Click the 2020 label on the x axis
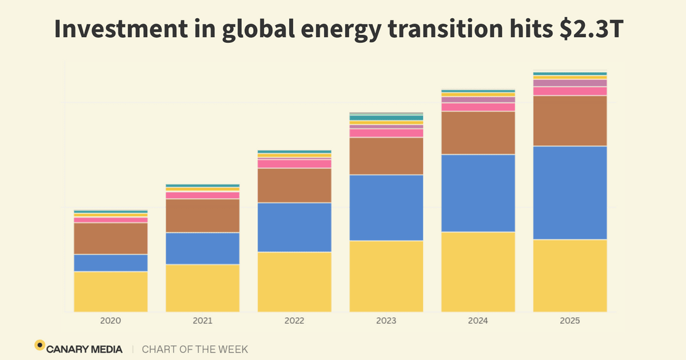click(110, 321)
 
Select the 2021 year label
click(202, 321)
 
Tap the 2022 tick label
click(294, 321)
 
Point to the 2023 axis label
click(386, 321)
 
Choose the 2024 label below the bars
click(478, 321)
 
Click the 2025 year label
click(570, 321)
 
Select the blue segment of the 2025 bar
click(570, 193)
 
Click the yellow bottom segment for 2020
click(110, 291)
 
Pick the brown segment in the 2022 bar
click(294, 185)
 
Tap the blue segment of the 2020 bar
click(110, 263)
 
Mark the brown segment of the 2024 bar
click(478, 133)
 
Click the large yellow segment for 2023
click(386, 276)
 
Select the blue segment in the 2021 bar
click(202, 248)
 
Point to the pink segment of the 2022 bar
click(294, 163)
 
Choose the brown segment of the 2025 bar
click(570, 121)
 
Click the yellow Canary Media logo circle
click(39, 345)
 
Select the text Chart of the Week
click(195, 349)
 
